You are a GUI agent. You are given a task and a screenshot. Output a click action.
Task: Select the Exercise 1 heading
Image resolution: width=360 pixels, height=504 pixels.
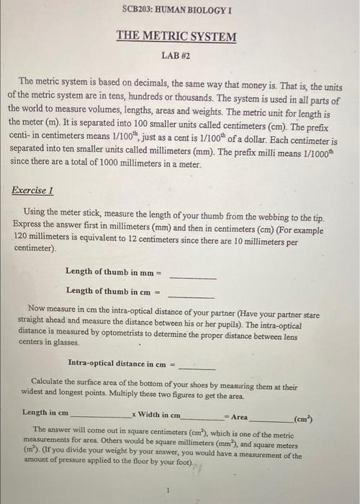pyautogui.click(x=33, y=191)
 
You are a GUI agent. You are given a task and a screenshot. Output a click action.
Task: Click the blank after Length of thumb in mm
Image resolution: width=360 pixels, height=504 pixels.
pyautogui.click(x=192, y=276)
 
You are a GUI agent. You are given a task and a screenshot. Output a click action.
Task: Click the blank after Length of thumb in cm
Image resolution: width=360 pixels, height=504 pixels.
pyautogui.click(x=192, y=295)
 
